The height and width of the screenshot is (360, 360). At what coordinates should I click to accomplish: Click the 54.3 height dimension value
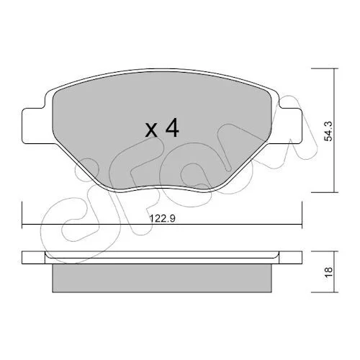(x=328, y=131)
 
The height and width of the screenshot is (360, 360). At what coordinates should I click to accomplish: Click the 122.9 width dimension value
(x=163, y=219)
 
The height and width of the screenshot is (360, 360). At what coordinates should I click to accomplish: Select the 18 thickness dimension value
(x=328, y=272)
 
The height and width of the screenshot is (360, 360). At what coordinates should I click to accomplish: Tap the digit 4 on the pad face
(x=172, y=127)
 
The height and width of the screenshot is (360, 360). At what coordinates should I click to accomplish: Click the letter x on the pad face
(x=151, y=131)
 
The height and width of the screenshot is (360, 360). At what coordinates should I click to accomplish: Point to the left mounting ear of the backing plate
(x=34, y=126)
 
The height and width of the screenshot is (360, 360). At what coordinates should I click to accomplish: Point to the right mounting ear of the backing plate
(x=290, y=126)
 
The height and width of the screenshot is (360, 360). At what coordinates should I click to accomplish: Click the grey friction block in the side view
(x=162, y=279)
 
